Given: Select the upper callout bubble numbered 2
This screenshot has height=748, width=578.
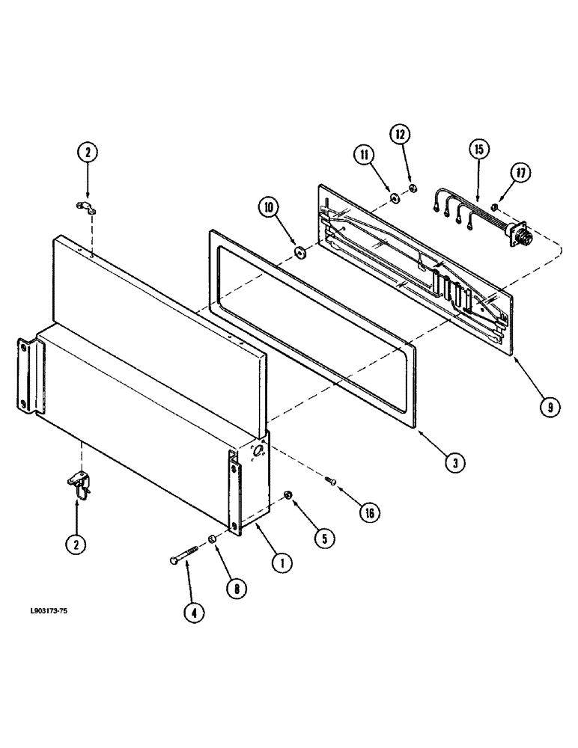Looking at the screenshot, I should point(88,153).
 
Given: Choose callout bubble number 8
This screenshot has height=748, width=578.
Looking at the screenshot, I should point(237,589).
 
